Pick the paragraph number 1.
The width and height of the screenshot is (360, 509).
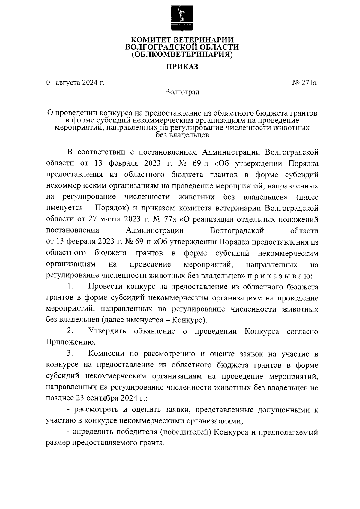point(70,286)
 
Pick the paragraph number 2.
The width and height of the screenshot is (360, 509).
point(70,331)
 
